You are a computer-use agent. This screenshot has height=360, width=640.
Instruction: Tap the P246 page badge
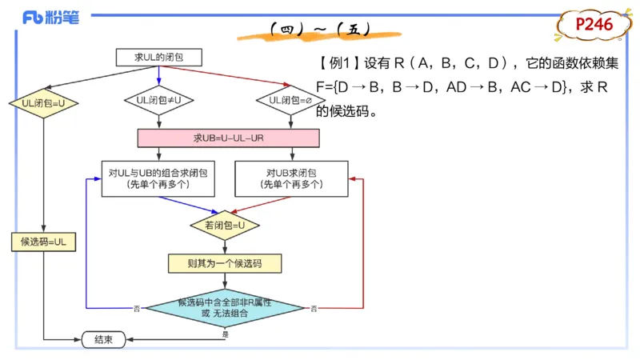tap(594, 26)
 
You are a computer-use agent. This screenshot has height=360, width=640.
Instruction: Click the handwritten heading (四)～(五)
tap(320, 30)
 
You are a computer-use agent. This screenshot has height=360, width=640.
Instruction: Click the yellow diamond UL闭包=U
tap(38, 102)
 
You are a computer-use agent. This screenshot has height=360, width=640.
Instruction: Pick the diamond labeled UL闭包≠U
tap(158, 100)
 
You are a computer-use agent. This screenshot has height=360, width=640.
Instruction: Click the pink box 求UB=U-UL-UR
tap(228, 138)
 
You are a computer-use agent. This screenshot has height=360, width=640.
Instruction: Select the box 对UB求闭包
tap(291, 178)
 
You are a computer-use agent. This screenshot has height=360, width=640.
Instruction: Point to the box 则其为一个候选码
tap(225, 262)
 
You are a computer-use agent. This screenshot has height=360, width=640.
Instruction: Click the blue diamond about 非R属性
tap(225, 308)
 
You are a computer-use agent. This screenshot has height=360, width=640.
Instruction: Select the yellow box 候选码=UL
tap(43, 241)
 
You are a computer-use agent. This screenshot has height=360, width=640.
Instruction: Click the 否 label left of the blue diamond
tap(137, 308)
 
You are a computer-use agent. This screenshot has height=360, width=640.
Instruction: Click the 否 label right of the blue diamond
tap(313, 308)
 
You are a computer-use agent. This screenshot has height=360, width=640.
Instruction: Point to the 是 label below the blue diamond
tap(225, 334)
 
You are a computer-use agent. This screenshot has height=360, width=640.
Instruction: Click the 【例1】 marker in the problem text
tap(338, 62)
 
